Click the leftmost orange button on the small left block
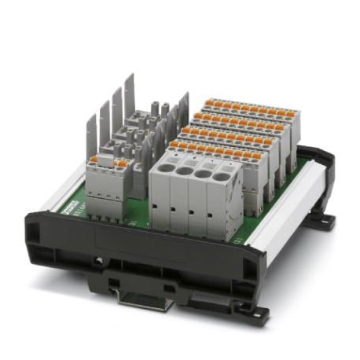pyautogui.click(x=94, y=159)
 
